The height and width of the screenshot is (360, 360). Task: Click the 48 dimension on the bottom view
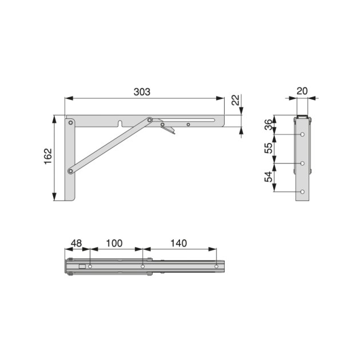tap(75, 243)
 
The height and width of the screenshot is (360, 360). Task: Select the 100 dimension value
tap(114, 243)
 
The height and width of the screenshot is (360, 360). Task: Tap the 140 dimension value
tap(179, 243)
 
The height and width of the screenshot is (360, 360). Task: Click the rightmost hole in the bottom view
tap(217, 266)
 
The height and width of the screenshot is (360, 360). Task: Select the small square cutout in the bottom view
tap(82, 266)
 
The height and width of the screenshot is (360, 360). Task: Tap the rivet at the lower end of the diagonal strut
tap(70, 170)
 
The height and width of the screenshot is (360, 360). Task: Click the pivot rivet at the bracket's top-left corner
tap(70, 122)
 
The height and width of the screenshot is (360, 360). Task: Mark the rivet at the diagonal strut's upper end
tap(150, 120)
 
